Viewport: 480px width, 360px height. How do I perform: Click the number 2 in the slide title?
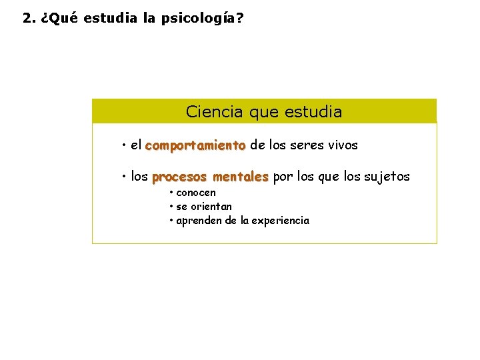[x=26, y=19]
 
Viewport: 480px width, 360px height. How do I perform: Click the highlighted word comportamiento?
[x=195, y=145]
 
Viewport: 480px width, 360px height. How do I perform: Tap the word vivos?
[x=345, y=145]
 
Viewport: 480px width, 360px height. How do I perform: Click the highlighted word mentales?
[x=241, y=177]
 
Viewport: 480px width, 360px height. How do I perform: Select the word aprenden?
[x=199, y=221]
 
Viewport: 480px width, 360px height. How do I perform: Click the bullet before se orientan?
[x=171, y=207]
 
